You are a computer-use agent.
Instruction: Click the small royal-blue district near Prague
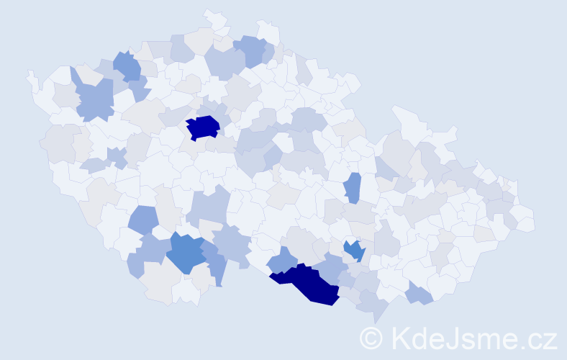point(203,127)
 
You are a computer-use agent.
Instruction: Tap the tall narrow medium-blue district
point(352,188)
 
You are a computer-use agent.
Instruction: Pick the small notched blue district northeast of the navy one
point(354,250)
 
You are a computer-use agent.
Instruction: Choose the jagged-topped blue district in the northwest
point(127,66)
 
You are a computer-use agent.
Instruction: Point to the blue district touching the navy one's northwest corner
point(282,259)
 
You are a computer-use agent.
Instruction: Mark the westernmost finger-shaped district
point(32,80)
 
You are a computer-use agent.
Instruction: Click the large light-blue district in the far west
point(94,99)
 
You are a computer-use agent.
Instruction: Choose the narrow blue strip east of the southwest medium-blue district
point(216,263)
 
